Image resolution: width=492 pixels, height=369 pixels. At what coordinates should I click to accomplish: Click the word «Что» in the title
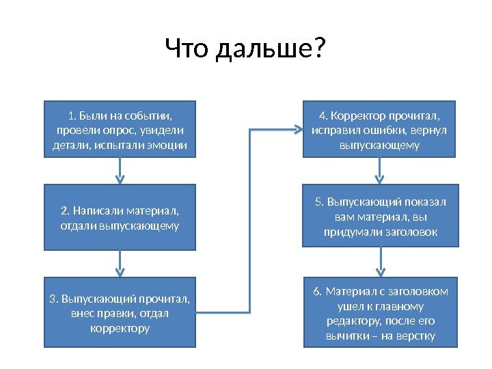click(x=187, y=49)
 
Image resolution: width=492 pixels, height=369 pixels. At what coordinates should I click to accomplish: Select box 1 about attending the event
click(x=120, y=129)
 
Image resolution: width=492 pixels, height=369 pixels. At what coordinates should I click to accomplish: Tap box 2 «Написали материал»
click(x=120, y=217)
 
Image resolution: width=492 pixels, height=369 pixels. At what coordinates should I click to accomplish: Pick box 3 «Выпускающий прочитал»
click(x=120, y=313)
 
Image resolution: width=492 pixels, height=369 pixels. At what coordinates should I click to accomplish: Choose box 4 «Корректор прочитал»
click(x=379, y=129)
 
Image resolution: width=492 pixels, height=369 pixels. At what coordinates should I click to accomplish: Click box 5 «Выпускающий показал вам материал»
click(x=379, y=217)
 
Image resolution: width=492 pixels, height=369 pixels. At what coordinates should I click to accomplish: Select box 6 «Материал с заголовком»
click(x=379, y=313)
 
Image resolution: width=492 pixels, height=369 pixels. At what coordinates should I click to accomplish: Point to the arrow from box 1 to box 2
click(x=120, y=170)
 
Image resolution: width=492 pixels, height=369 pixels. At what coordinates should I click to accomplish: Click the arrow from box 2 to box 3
click(x=120, y=262)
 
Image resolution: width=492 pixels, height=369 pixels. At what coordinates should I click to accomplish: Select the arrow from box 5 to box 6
click(x=380, y=261)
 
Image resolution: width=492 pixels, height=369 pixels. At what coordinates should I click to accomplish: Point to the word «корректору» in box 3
click(x=120, y=329)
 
